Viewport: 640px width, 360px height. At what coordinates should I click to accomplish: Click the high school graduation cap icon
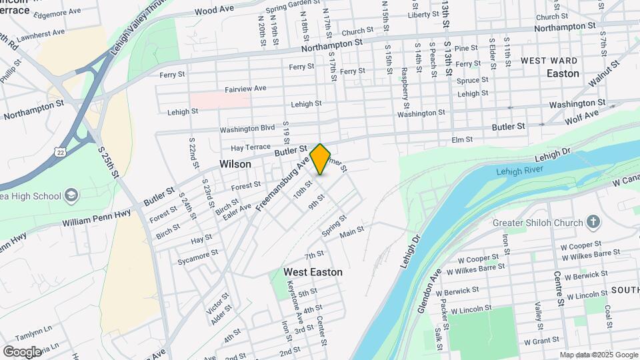click(x=71, y=195)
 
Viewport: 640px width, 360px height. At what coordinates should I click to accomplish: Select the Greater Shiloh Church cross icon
click(x=593, y=222)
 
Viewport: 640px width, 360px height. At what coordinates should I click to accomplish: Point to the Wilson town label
click(x=235, y=164)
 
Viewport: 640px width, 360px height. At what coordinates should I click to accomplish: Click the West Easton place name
click(x=313, y=272)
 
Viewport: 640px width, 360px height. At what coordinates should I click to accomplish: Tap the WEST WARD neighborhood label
click(x=549, y=61)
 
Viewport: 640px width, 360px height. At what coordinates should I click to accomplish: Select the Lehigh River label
click(x=520, y=171)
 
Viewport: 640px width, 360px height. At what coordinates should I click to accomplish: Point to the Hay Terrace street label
click(x=251, y=147)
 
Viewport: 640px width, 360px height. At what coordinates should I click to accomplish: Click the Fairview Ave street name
click(x=245, y=88)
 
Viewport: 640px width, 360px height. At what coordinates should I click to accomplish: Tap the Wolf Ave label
click(x=563, y=118)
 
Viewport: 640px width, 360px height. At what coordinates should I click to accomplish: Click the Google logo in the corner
click(x=22, y=351)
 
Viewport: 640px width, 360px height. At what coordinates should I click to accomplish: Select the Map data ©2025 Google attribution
click(x=598, y=355)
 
